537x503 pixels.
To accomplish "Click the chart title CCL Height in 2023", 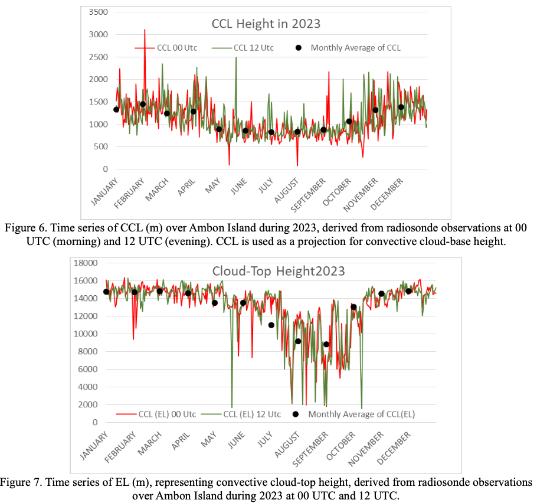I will (x=266, y=24).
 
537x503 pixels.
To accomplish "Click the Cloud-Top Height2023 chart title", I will (x=279, y=272).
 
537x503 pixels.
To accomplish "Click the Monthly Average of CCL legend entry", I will (x=359, y=48).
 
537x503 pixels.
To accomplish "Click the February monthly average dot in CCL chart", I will (x=142, y=104).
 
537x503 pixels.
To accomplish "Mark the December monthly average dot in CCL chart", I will (x=401, y=107).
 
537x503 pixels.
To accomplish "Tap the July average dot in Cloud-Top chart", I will (x=271, y=325).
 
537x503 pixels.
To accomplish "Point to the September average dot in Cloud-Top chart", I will (x=326, y=344).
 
